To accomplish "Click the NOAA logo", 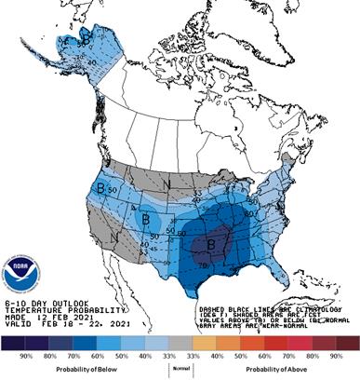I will (22, 275).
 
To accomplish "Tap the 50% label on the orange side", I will (252, 356).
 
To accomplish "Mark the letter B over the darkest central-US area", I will (209, 246).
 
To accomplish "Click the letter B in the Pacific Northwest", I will (100, 187).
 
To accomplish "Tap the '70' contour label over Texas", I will (204, 265).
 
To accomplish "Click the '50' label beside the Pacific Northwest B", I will (112, 190).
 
